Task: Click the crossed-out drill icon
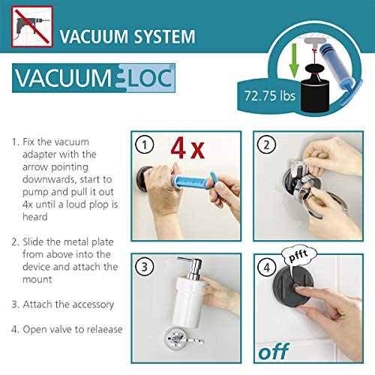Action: [x=32, y=27]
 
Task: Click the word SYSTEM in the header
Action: [x=164, y=37]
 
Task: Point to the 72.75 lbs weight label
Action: [x=270, y=96]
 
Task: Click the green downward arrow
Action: [x=294, y=60]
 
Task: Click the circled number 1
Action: [x=144, y=145]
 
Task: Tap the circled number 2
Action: [x=266, y=145]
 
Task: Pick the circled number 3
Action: [x=144, y=267]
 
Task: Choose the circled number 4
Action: [x=266, y=267]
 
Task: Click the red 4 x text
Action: [x=187, y=148]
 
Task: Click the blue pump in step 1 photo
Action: [x=193, y=181]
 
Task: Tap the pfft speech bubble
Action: [x=298, y=256]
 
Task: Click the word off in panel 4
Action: [x=274, y=351]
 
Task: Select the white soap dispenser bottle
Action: [x=190, y=301]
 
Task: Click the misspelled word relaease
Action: [x=104, y=329]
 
